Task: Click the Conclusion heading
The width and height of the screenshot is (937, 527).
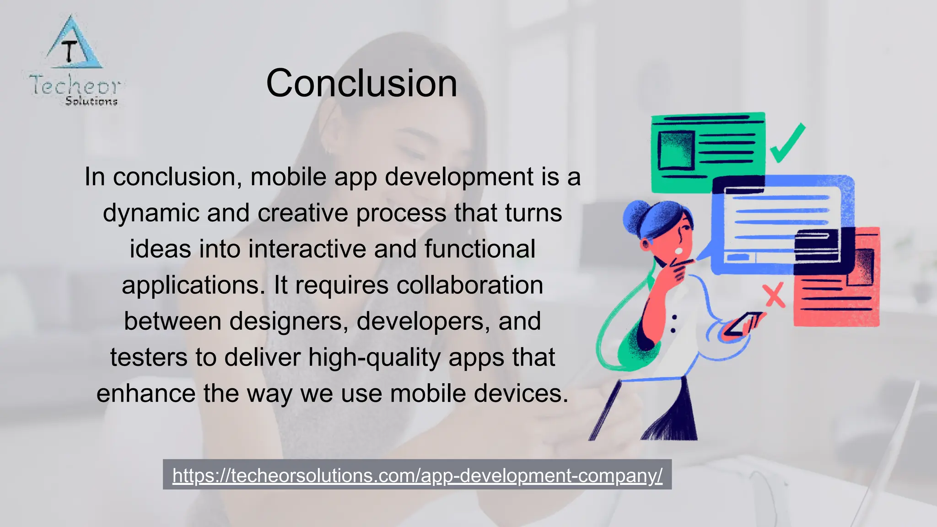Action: coord(361,83)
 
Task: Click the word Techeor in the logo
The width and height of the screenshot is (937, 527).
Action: coord(75,86)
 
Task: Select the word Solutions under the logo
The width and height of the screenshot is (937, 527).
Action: coord(92,101)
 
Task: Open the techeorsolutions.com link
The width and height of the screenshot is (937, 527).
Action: coord(417,475)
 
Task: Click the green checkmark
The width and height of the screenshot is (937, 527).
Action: coord(787,143)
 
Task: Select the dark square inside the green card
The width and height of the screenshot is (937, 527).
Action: coord(676,150)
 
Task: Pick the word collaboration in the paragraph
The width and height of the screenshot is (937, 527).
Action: coord(470,285)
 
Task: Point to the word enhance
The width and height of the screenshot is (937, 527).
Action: coord(146,393)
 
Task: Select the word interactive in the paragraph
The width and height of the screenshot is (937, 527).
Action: coord(307,249)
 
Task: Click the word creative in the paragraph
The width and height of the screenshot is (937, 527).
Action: coord(303,213)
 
